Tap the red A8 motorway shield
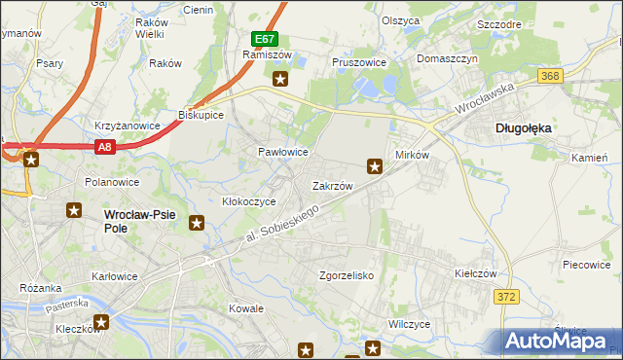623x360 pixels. click(106, 147)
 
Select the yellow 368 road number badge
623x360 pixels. click(551, 76)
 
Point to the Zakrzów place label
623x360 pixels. click(331, 185)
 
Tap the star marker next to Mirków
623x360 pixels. click(374, 165)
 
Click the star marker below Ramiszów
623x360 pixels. click(280, 80)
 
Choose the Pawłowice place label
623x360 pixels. click(282, 153)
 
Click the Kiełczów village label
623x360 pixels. click(449, 274)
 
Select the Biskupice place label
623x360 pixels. click(202, 114)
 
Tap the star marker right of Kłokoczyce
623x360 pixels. click(197, 224)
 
